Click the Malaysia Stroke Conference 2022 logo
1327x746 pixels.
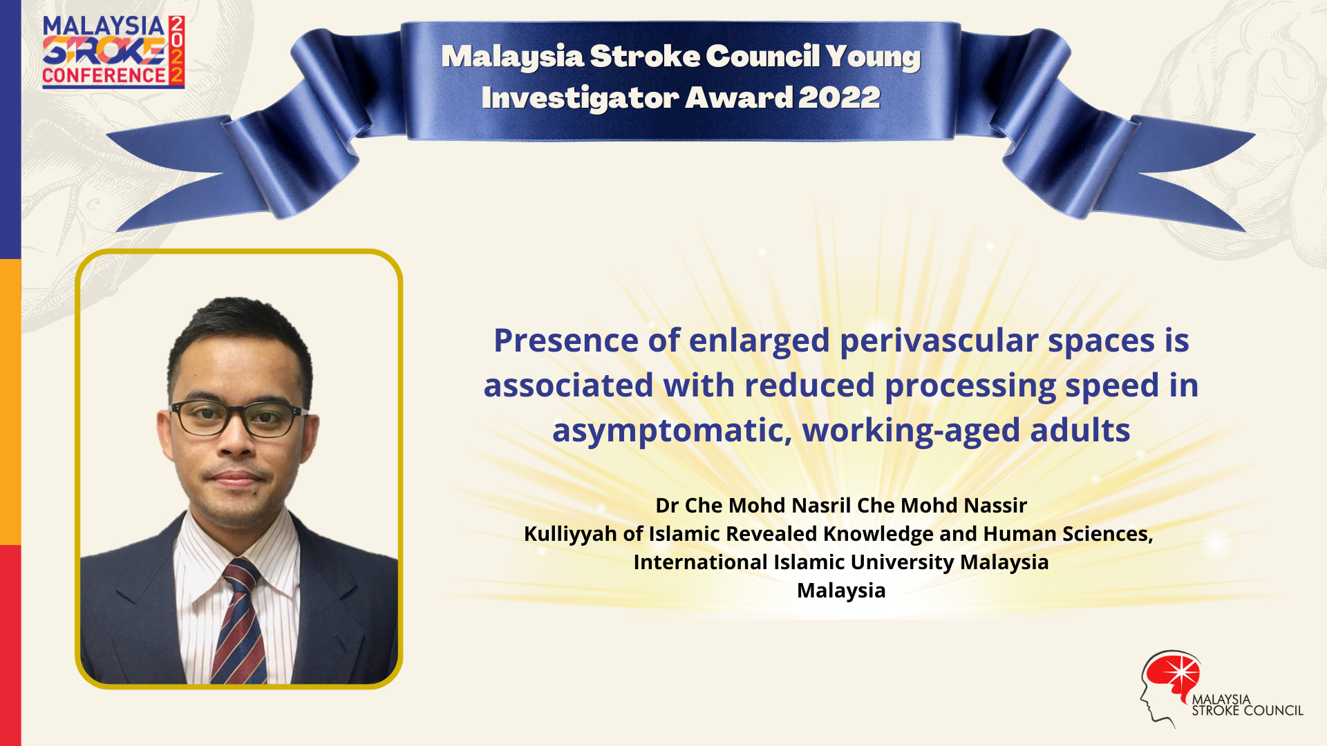click(113, 52)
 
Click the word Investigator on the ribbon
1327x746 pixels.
click(581, 98)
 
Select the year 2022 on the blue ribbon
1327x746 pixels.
click(839, 97)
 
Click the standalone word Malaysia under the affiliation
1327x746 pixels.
click(841, 591)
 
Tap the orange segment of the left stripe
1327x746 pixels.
click(10, 402)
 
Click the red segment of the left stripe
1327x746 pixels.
click(10, 645)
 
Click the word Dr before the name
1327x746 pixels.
click(667, 506)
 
